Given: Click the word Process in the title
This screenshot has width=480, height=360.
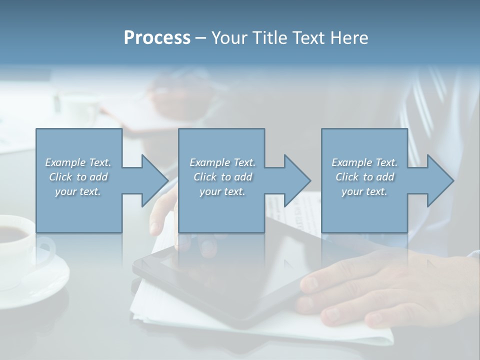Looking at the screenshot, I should pyautogui.click(x=157, y=38).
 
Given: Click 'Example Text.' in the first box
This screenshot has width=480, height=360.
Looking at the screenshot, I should pyautogui.click(x=78, y=162).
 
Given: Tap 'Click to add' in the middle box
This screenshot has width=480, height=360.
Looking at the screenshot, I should pyautogui.click(x=222, y=177).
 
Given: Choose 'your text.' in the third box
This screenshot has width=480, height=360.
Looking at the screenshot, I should pyautogui.click(x=364, y=191).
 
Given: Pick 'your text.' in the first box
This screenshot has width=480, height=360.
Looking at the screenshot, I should pyautogui.click(x=78, y=191).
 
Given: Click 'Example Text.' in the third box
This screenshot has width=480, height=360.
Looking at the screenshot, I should pyautogui.click(x=364, y=162).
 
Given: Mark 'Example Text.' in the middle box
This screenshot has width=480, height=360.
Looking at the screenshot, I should pyautogui.click(x=222, y=162).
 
